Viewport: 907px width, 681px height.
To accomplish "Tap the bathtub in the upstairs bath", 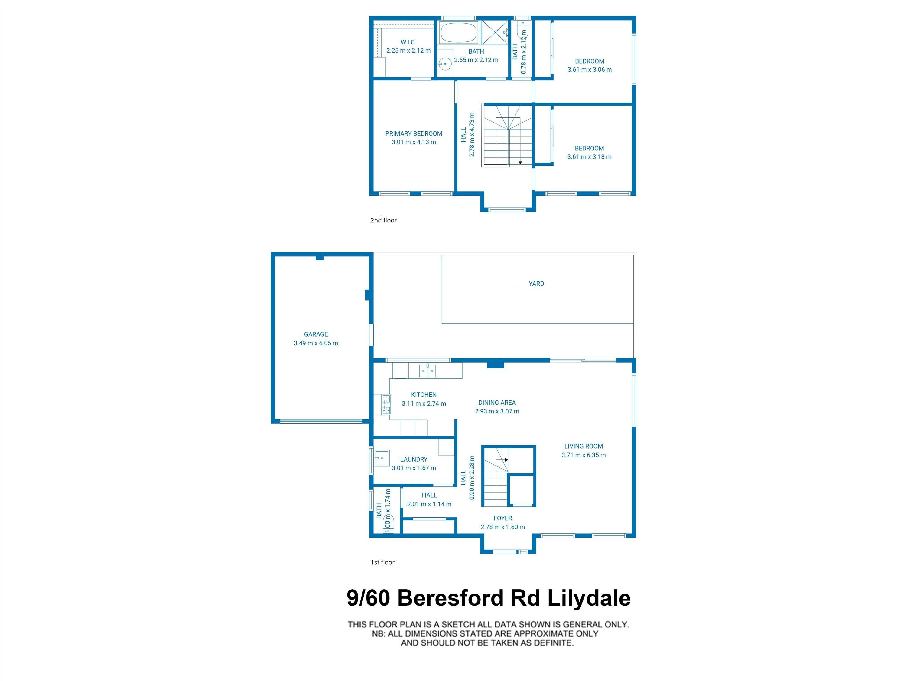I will (458, 32).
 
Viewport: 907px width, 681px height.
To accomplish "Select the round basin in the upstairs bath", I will (444, 64).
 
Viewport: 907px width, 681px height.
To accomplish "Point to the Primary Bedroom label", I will (414, 133).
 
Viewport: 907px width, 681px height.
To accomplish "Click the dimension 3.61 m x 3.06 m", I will (589, 70).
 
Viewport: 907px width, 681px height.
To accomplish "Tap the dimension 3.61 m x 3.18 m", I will (589, 157).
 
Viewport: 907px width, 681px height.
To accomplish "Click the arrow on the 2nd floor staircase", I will (520, 163).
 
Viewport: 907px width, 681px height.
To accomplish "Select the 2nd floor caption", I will (383, 220).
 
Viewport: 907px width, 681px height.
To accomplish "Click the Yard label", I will (536, 284).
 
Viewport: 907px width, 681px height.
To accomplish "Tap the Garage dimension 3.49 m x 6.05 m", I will (316, 343).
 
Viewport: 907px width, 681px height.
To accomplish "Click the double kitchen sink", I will (427, 371).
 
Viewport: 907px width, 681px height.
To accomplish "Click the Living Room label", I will (584, 446).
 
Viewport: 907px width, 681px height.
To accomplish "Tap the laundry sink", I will (381, 458).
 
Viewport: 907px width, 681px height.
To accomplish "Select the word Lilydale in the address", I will (589, 598).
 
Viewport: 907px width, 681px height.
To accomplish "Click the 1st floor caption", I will (382, 562).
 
